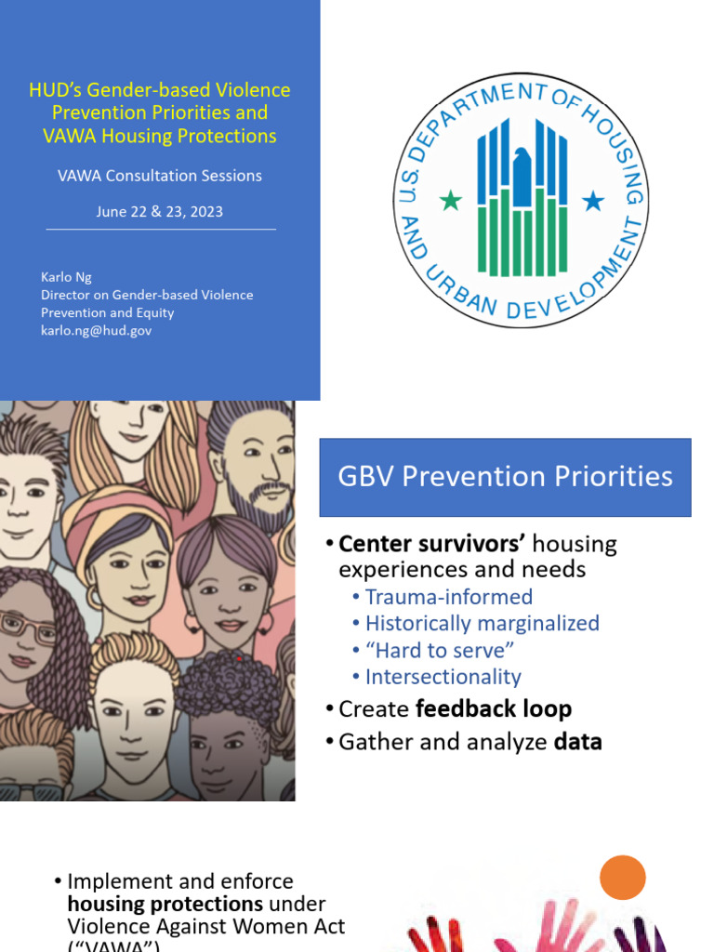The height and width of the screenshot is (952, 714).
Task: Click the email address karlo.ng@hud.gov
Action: [97, 330]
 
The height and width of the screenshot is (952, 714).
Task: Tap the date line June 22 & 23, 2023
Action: [160, 211]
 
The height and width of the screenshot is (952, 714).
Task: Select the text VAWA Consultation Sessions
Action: [160, 176]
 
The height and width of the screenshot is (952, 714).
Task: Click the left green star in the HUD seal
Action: [451, 200]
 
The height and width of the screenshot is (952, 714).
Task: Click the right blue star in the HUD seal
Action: [592, 200]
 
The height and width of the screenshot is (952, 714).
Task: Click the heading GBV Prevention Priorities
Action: [505, 477]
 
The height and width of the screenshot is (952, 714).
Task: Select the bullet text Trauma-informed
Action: [449, 597]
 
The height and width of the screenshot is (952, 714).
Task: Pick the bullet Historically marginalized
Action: [482, 623]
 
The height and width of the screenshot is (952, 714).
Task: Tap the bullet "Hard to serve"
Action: [440, 650]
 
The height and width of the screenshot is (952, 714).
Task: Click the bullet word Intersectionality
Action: [443, 677]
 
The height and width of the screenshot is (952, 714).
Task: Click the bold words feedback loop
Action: [493, 709]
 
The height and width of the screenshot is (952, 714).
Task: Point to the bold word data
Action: [577, 742]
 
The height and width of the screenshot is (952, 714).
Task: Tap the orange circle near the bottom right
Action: [622, 878]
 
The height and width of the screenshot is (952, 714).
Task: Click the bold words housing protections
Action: [165, 904]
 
